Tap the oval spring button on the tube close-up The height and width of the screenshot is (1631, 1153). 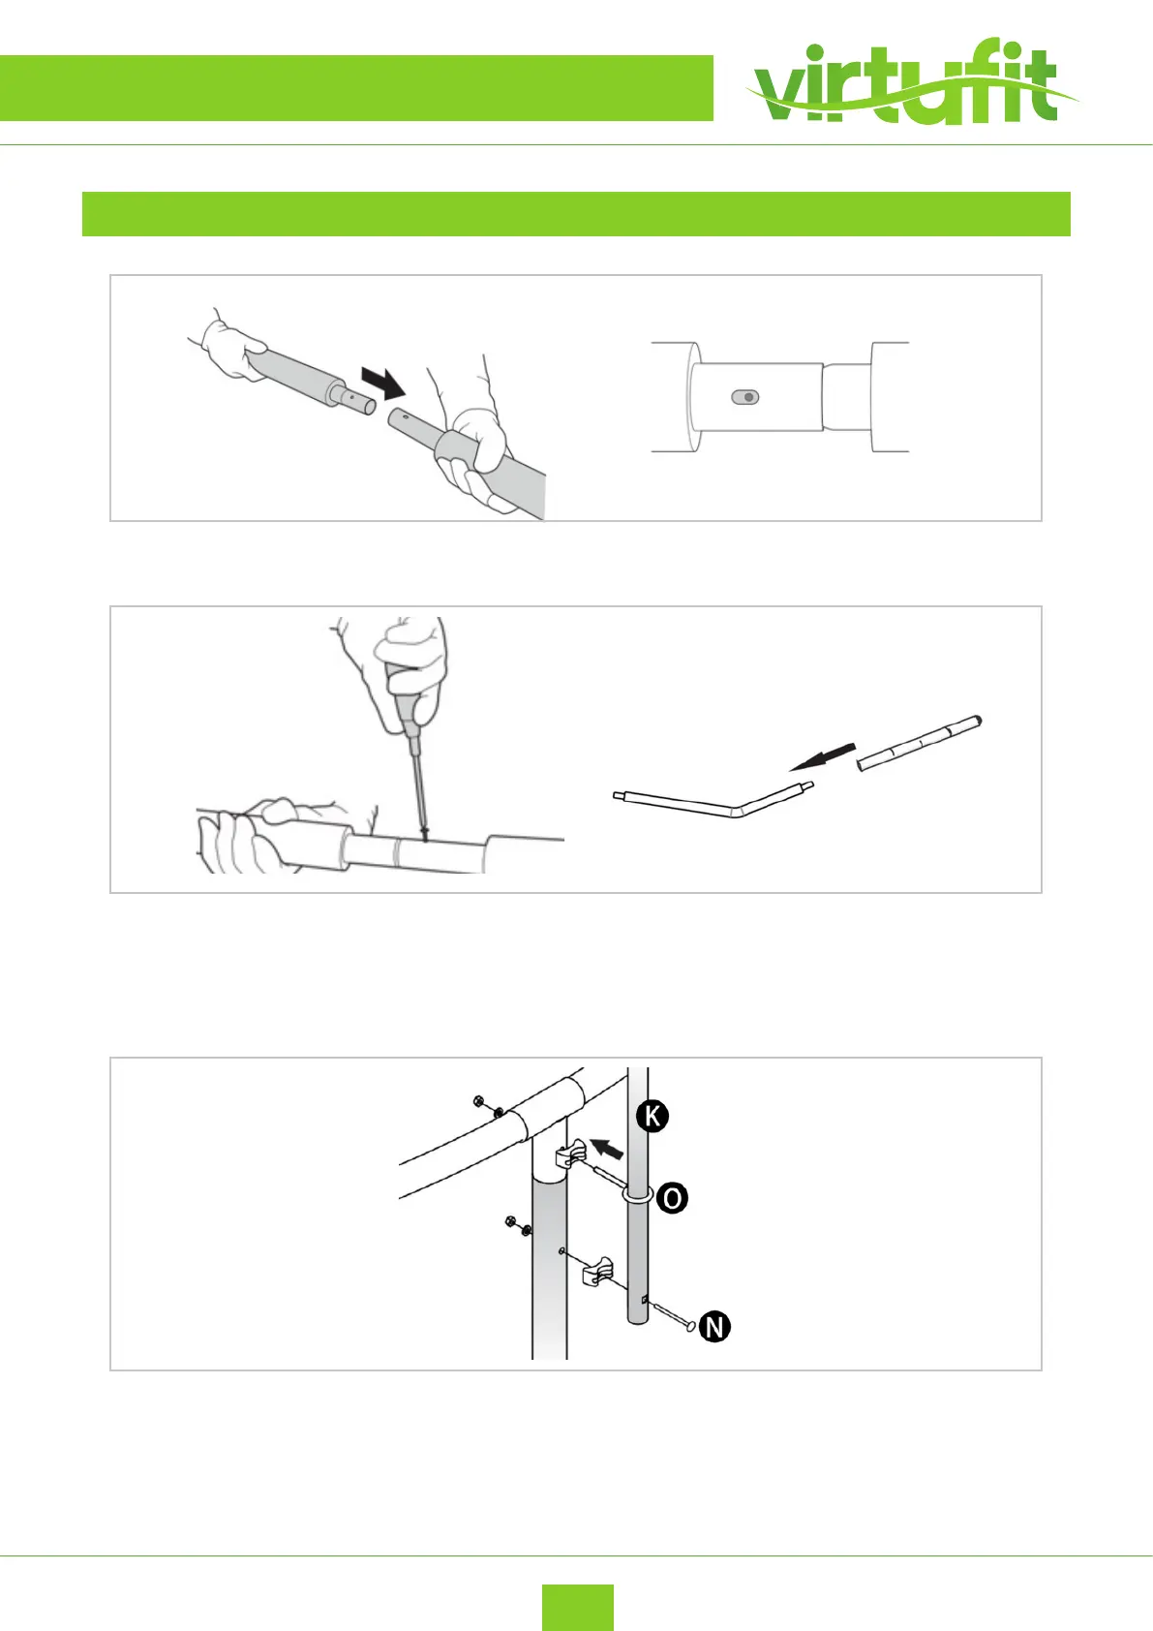click(x=745, y=397)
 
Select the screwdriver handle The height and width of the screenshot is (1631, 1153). click(x=402, y=692)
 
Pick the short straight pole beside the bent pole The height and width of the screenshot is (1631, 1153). click(x=920, y=742)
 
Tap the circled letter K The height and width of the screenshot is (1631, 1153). click(x=652, y=1116)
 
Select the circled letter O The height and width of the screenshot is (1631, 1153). click(x=672, y=1198)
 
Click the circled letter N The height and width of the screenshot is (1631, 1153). click(x=714, y=1326)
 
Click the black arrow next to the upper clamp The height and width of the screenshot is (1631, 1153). click(x=607, y=1150)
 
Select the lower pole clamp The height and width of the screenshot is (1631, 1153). click(x=598, y=1270)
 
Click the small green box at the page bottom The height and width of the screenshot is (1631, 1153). click(x=577, y=1607)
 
